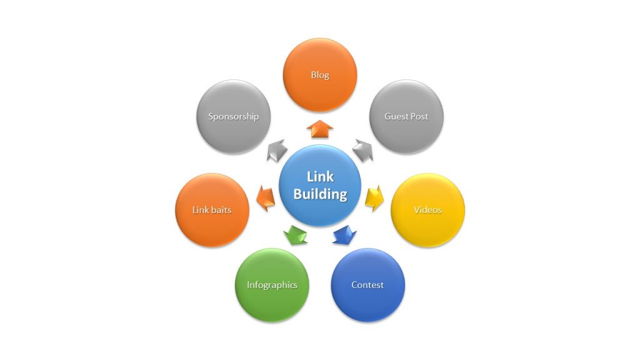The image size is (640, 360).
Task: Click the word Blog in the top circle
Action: tap(320, 75)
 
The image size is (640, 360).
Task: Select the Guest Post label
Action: tap(406, 116)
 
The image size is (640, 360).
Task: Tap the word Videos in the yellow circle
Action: tap(427, 209)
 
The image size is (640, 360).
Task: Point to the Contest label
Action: tap(367, 285)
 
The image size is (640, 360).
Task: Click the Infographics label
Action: tap(272, 285)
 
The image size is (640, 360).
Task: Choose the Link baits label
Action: tap(212, 210)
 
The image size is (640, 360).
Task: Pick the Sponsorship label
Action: tap(233, 116)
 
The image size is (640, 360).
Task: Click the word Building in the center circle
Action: tap(320, 194)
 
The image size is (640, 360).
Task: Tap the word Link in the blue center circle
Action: tap(320, 177)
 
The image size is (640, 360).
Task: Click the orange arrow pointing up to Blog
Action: tap(320, 128)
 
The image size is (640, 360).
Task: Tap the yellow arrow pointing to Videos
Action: tap(374, 197)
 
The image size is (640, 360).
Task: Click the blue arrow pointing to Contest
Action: tap(344, 235)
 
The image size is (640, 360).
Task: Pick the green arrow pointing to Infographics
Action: tap(296, 235)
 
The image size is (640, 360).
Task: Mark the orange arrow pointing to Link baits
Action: tap(266, 197)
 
